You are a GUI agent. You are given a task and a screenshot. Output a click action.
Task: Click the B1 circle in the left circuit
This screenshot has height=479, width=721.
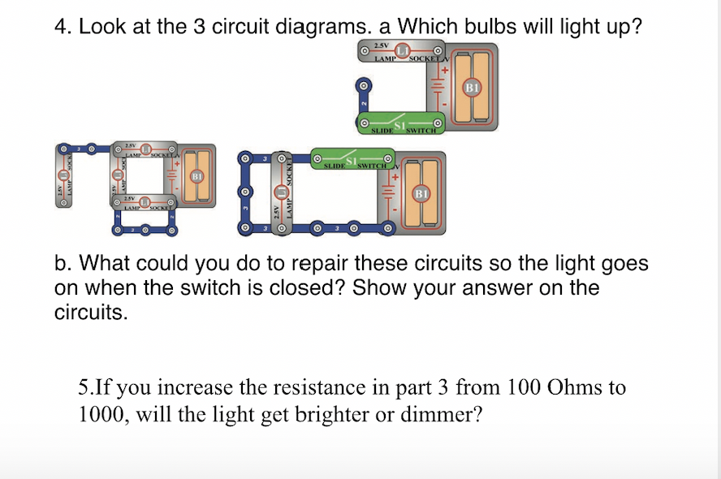click(x=195, y=176)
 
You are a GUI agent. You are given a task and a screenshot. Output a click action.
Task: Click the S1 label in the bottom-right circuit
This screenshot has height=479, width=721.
click(x=352, y=160)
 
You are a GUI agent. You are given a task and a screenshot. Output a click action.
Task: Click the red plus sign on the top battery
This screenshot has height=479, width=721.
click(x=444, y=70)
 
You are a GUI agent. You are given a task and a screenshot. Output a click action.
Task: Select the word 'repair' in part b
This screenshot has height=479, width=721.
click(x=322, y=265)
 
